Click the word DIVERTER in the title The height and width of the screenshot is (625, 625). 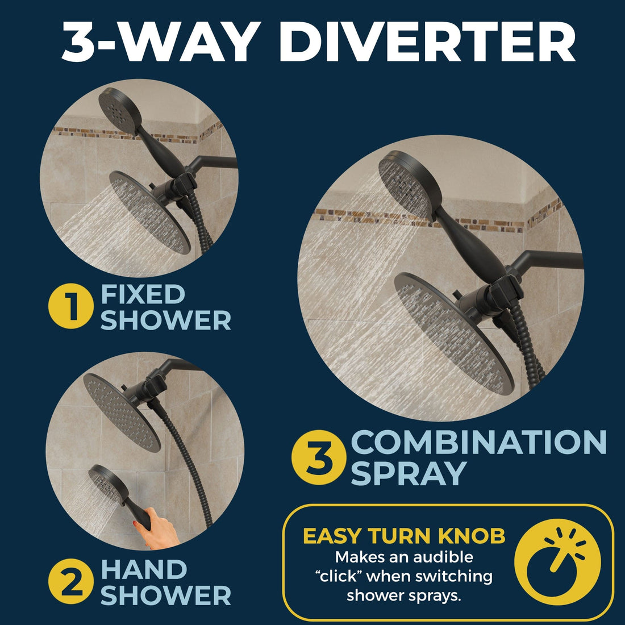coord(427,43)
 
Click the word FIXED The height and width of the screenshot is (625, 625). coord(143,294)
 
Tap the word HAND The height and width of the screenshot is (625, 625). coord(143,570)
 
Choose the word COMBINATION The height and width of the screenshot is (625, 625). coord(479,443)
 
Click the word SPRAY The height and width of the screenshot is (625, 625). coord(408,473)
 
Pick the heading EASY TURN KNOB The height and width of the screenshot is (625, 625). coord(404,536)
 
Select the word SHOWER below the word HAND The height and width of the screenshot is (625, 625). coord(166,595)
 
